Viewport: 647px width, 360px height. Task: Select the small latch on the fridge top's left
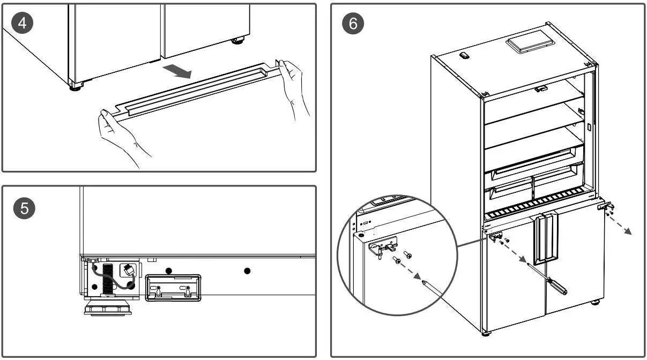pyautogui.click(x=465, y=55)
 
